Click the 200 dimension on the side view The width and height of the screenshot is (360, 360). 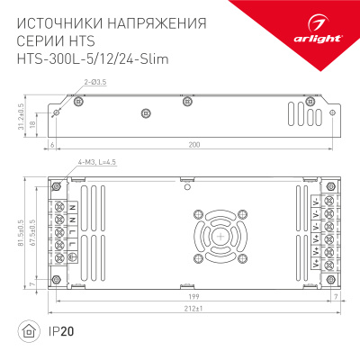pos(187,145)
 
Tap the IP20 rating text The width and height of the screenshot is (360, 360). pos(63,332)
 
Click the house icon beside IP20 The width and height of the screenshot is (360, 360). pos(32,332)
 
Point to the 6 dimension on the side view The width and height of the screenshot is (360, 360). pos(53,145)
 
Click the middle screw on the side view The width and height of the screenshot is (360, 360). pos(146,113)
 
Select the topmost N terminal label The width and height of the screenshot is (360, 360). pos(70,208)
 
